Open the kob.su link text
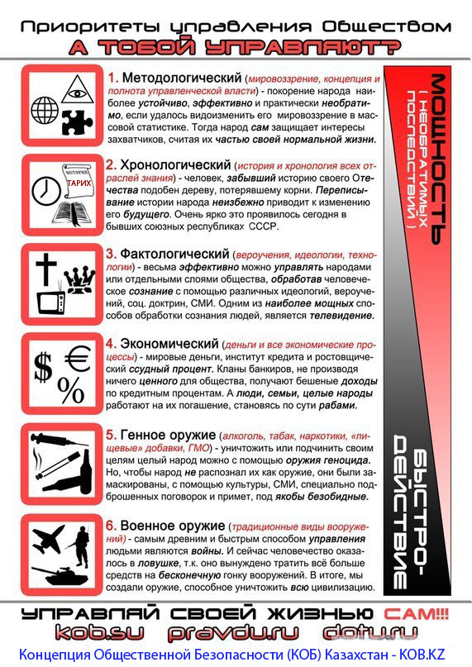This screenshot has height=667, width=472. point(98,634)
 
